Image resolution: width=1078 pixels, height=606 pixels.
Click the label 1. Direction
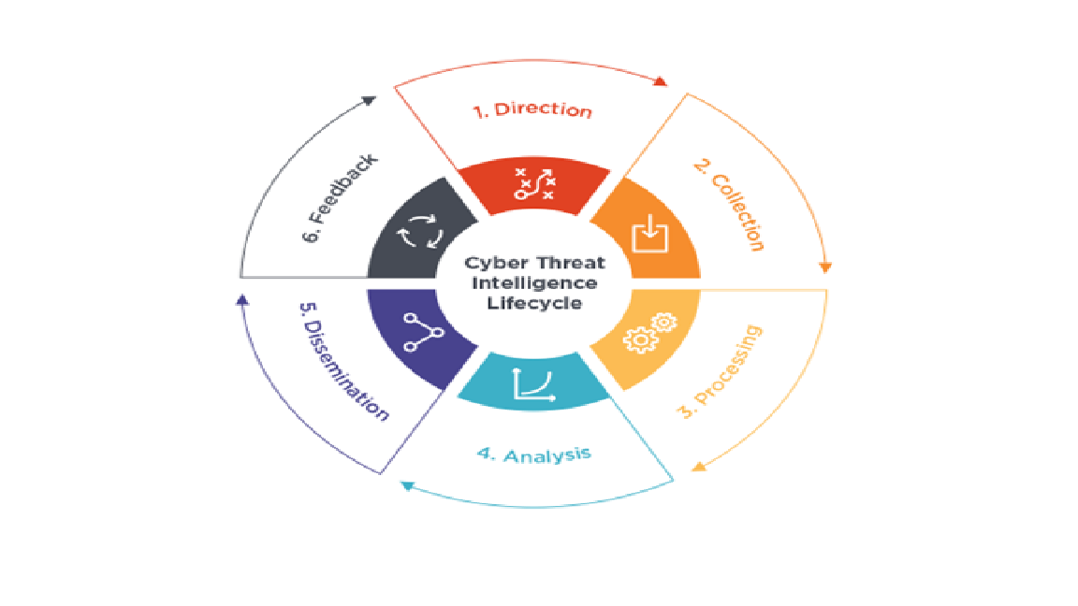[532, 110]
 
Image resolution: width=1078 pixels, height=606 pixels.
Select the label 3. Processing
[720, 371]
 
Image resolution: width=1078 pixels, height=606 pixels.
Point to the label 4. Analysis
[534, 454]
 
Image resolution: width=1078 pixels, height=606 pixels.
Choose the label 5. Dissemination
[344, 361]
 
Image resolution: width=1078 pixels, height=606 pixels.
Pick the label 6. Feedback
[341, 198]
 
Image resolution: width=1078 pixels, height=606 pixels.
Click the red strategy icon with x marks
[534, 184]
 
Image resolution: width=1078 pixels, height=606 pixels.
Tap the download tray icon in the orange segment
[649, 234]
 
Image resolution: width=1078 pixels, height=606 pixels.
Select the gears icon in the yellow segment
[649, 333]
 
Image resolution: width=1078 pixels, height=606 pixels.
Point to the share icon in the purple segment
[423, 333]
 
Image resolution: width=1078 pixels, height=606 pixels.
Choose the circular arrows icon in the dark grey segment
[420, 232]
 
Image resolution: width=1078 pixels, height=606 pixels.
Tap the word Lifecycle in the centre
[534, 303]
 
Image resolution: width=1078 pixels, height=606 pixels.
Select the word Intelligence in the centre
[534, 283]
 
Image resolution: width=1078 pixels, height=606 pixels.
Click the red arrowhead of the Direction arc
[660, 81]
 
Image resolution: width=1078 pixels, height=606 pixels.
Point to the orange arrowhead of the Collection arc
[825, 267]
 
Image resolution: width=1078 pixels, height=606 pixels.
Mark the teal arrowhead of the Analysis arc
[407, 485]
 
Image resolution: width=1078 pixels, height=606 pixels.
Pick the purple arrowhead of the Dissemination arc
[242, 300]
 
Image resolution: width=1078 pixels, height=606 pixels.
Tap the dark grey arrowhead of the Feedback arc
[370, 100]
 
